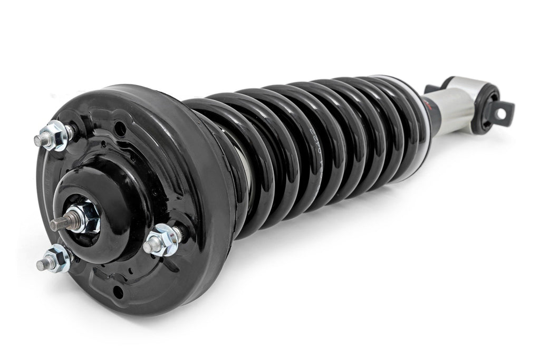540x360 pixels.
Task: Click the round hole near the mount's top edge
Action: click(122, 127)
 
